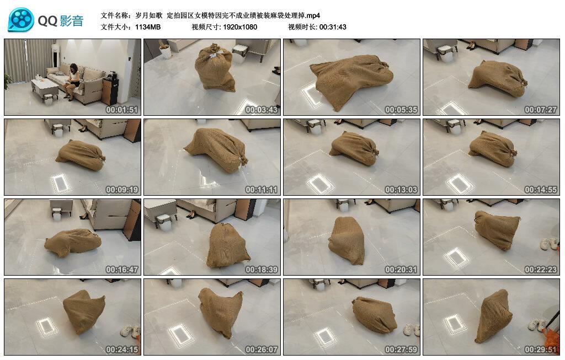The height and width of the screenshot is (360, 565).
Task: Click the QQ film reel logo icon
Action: click(21, 20)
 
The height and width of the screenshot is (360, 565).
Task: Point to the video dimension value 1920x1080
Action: click(240, 26)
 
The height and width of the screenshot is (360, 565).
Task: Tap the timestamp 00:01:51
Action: click(122, 110)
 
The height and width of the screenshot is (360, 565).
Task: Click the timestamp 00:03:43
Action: click(262, 110)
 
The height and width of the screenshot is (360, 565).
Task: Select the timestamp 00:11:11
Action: click(262, 190)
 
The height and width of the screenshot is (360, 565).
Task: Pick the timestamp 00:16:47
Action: click(122, 270)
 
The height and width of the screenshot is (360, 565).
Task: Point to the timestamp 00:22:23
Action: click(541, 270)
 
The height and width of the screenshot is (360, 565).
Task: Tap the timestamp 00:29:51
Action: click(541, 350)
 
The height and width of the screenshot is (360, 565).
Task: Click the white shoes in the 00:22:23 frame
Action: click(549, 243)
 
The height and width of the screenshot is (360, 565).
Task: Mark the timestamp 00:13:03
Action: click(401, 190)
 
